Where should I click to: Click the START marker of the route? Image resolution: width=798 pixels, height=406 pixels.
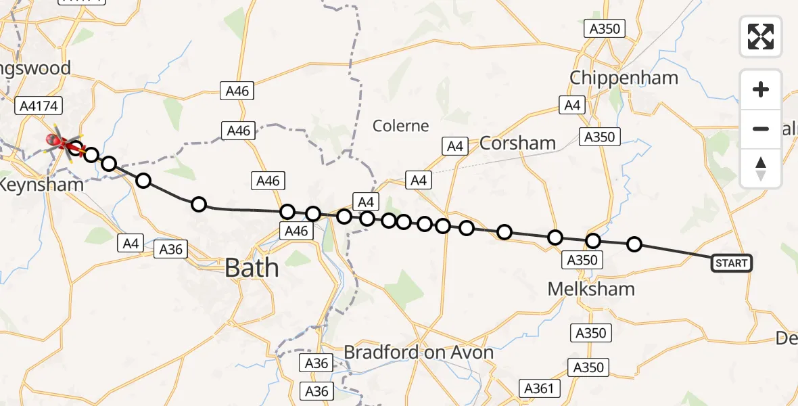coord(731,263)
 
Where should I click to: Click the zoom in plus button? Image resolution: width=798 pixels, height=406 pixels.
coord(761,89)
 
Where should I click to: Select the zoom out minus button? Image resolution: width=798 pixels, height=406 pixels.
coord(761,129)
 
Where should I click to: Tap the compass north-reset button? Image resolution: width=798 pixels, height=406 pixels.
coord(761,168)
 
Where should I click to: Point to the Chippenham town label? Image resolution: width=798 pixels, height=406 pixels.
coord(624,78)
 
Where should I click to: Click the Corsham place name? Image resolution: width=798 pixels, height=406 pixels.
coord(517,143)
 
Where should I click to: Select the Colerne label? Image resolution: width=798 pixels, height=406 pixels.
coord(401,126)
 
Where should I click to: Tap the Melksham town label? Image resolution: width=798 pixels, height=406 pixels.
coord(592,289)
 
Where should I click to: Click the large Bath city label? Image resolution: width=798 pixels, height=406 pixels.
coord(252,268)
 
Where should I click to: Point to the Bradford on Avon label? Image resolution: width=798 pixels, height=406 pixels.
coord(419,353)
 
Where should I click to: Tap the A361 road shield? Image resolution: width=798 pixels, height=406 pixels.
coord(540,388)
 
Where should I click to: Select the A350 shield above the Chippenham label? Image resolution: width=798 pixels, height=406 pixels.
coord(605,28)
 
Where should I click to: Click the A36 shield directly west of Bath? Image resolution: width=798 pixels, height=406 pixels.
coord(171,249)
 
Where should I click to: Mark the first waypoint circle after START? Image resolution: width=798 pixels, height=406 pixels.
coord(634,244)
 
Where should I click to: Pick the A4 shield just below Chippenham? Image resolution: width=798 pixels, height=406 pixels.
coord(572,105)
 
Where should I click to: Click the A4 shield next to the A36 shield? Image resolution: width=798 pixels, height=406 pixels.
coord(132,243)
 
